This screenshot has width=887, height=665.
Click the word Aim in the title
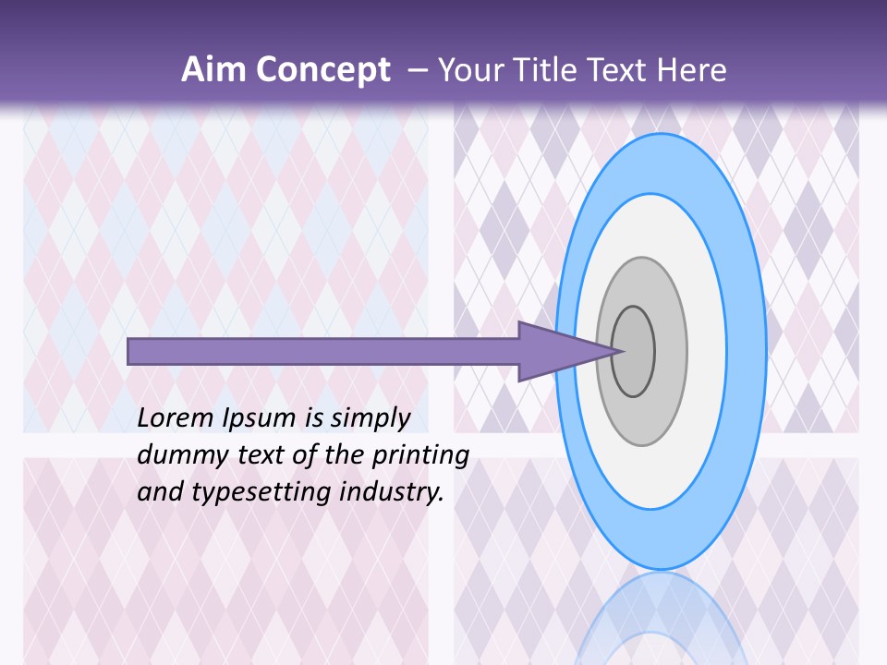pyautogui.click(x=213, y=70)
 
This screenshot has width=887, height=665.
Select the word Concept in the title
pyautogui.click(x=321, y=70)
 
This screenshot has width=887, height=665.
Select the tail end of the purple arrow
pyautogui.click(x=131, y=351)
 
